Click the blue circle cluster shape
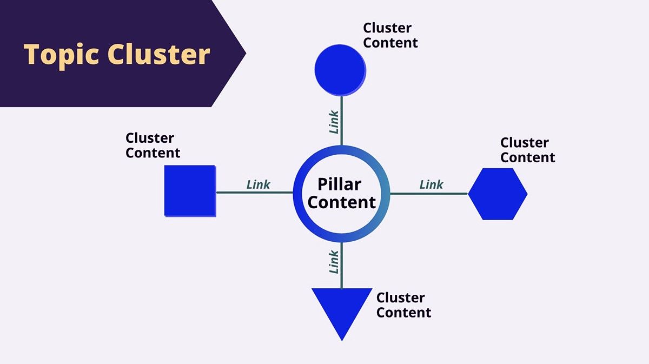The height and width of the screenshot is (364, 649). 340,69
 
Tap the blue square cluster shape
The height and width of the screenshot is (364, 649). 190,191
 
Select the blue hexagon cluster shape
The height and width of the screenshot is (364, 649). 498,194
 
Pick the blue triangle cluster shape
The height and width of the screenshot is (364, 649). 342,308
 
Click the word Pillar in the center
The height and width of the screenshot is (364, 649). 339,184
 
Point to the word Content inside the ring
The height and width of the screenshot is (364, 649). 341,202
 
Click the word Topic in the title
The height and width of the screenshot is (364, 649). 61,55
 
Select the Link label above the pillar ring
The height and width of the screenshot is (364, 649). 334,122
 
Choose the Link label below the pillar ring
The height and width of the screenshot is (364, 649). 334,261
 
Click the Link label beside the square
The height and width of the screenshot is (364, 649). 259,184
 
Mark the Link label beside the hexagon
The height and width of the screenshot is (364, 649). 432,184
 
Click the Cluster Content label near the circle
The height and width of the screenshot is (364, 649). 390,35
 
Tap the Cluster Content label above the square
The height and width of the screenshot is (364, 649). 153,145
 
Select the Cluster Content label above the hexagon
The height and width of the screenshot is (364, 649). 527,150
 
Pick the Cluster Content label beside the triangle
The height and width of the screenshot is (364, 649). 403,305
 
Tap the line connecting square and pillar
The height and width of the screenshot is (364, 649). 254,192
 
